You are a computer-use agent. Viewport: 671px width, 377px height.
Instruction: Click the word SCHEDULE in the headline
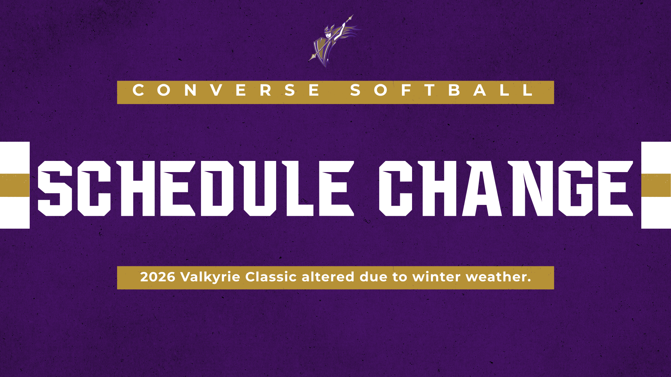196,188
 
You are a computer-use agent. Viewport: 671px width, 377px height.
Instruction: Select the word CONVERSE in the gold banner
226,90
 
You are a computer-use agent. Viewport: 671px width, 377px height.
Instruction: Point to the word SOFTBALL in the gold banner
442,90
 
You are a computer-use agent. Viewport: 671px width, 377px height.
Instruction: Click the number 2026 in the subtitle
158,277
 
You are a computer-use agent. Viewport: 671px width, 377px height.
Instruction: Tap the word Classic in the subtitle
271,277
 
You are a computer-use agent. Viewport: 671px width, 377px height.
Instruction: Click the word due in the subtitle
374,277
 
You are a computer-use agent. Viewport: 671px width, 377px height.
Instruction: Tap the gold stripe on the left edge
15,185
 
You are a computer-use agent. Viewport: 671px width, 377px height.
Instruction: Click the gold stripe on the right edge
656,185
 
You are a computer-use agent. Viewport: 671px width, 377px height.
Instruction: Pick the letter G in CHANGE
576,188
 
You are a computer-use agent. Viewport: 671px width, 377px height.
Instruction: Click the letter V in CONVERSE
217,90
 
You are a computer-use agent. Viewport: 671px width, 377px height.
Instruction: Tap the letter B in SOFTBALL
454,90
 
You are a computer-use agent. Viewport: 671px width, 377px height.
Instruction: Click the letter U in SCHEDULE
260,188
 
